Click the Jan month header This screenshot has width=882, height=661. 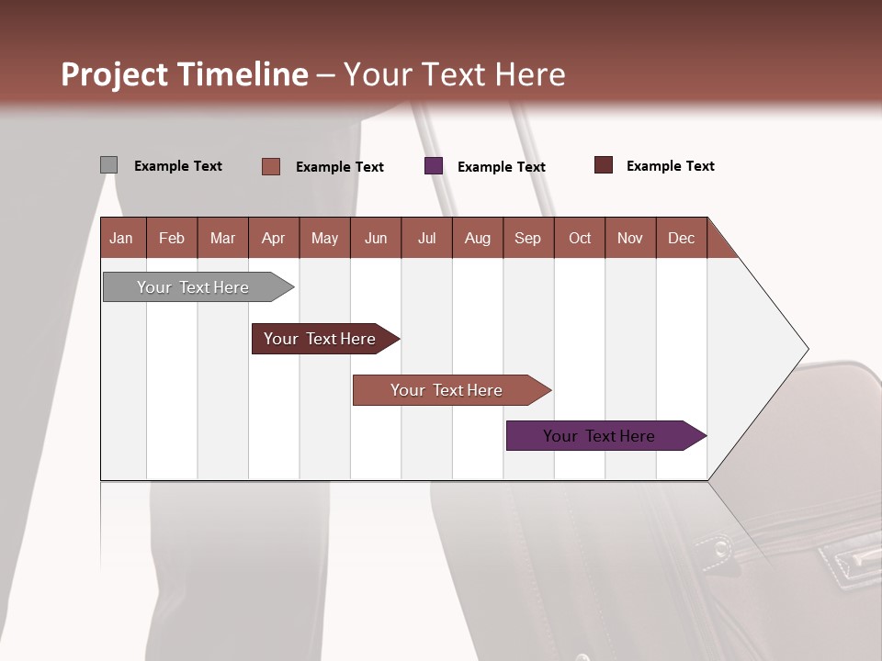tap(122, 238)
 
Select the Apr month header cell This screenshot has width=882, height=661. tap(274, 238)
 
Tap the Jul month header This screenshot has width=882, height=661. tap(426, 238)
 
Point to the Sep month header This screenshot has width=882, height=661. tap(527, 238)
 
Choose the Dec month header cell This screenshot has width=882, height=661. tap(681, 238)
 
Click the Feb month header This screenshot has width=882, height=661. tap(172, 238)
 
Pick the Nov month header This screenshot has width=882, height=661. tap(629, 238)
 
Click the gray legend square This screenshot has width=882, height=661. tap(108, 165)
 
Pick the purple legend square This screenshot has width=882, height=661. tap(434, 166)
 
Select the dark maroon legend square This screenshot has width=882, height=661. tap(603, 165)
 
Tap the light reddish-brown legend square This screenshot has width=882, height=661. tap(271, 166)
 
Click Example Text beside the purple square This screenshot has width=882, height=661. tap(502, 166)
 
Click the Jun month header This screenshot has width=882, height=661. tap(376, 238)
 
